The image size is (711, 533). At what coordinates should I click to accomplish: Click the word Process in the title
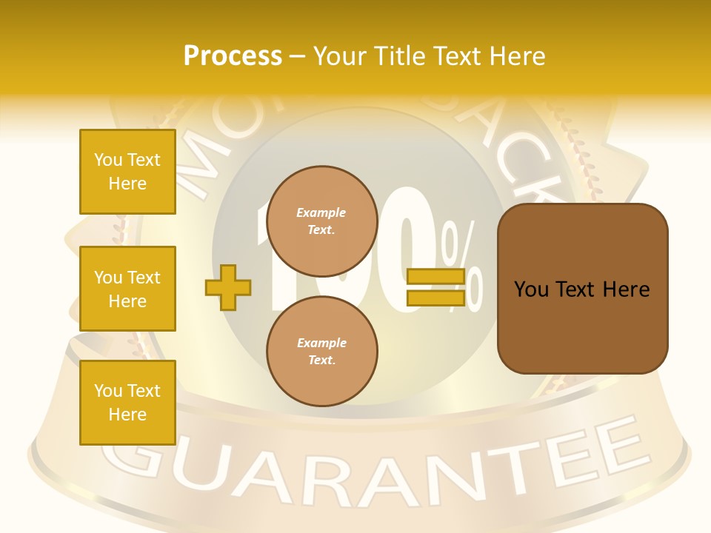pyautogui.click(x=233, y=56)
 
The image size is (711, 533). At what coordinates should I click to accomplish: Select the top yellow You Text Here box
pyautogui.click(x=127, y=172)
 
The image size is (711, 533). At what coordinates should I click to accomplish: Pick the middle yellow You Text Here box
pyautogui.click(x=127, y=289)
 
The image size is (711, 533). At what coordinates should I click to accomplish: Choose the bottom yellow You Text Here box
pyautogui.click(x=127, y=403)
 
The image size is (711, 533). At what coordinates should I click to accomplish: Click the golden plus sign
pyautogui.click(x=227, y=287)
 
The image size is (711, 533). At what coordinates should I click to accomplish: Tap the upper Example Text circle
pyautogui.click(x=321, y=221)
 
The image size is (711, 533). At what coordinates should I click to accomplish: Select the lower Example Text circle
pyautogui.click(x=321, y=351)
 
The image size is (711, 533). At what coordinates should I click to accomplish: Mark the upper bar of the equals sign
pyautogui.click(x=435, y=277)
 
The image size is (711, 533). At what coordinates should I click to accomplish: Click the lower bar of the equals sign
pyautogui.click(x=435, y=298)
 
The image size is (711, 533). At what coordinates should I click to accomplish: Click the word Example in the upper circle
pyautogui.click(x=321, y=212)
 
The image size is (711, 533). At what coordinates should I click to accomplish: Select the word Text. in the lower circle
pyautogui.click(x=321, y=360)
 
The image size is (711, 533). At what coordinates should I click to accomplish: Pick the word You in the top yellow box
pyautogui.click(x=107, y=160)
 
